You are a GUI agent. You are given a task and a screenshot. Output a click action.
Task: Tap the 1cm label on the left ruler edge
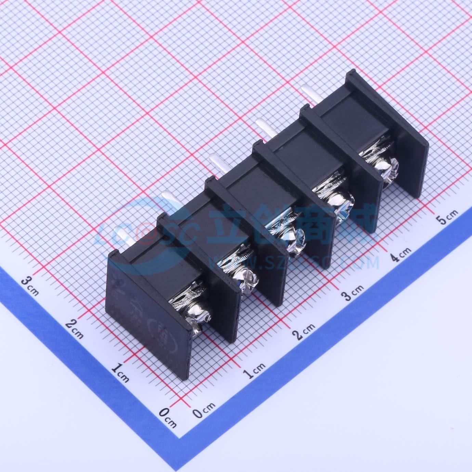[x=120, y=372]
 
